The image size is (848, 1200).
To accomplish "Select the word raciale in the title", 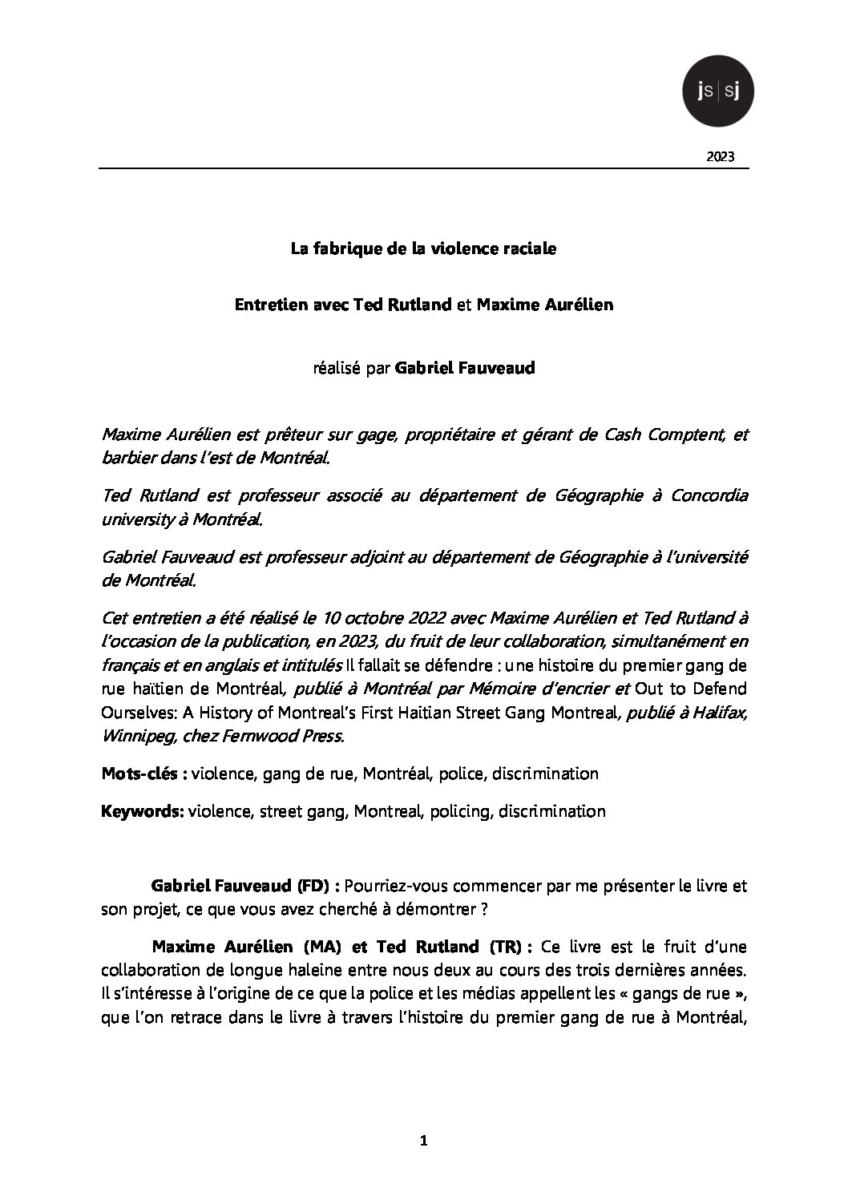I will coord(527,248).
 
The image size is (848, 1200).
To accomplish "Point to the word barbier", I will coord(128,459).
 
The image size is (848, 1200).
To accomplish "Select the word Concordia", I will coord(707,495).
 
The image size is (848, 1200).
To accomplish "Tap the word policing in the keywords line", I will coord(459,811).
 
